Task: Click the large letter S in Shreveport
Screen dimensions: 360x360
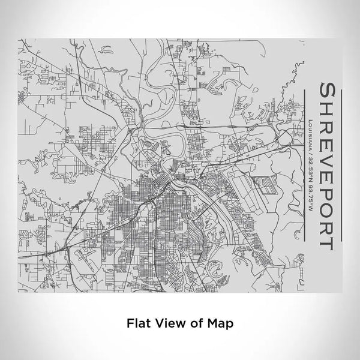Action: pyautogui.click(x=329, y=92)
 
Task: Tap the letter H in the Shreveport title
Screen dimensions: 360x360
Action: pyautogui.click(x=329, y=109)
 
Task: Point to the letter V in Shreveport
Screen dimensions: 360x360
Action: pyautogui.click(x=329, y=148)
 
